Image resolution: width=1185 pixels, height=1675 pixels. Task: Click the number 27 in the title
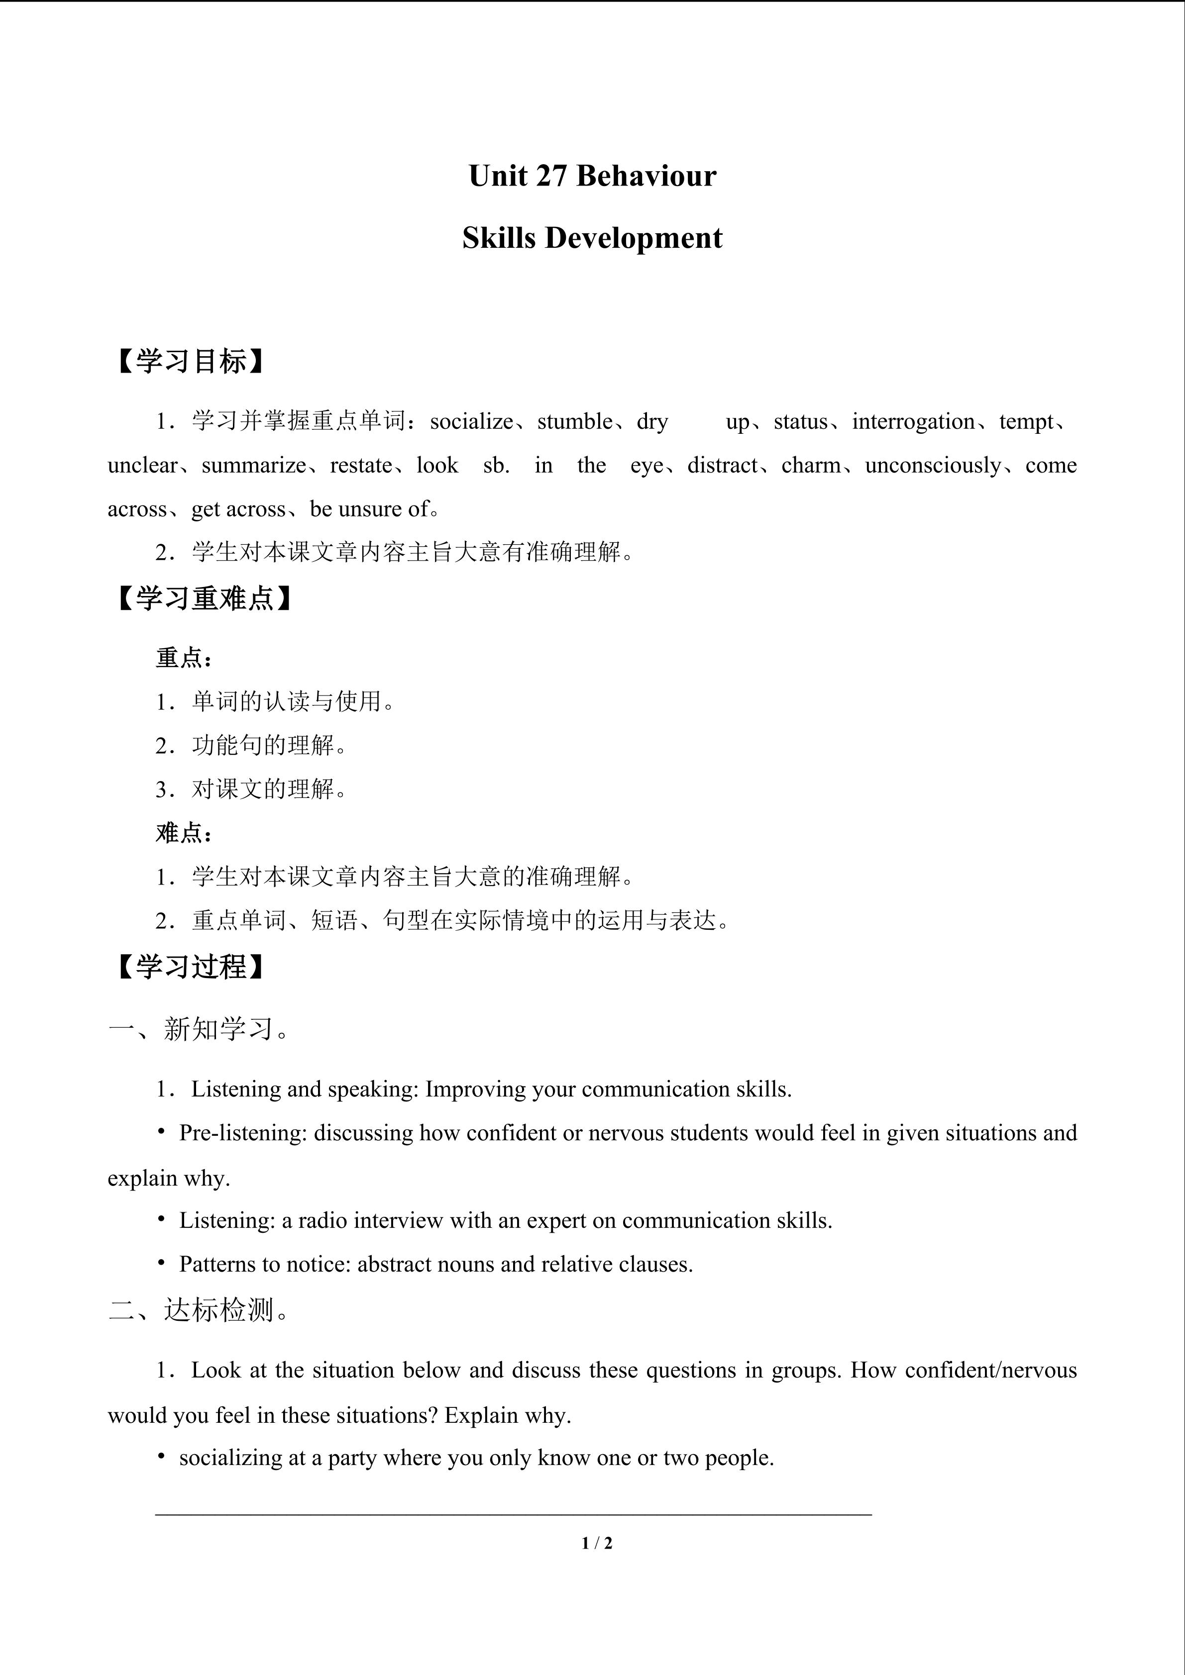click(551, 176)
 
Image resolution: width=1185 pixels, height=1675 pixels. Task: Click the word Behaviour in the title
click(646, 176)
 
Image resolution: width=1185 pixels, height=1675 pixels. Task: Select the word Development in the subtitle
click(634, 238)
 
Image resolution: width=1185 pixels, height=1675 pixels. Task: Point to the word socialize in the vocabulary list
click(471, 422)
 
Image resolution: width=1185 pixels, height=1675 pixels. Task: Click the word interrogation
click(913, 422)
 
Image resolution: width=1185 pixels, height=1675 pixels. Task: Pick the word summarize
click(253, 466)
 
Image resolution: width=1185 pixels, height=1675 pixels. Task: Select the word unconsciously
click(933, 466)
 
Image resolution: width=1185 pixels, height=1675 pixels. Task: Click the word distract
click(722, 466)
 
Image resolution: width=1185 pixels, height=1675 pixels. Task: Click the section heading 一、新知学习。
click(199, 1029)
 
